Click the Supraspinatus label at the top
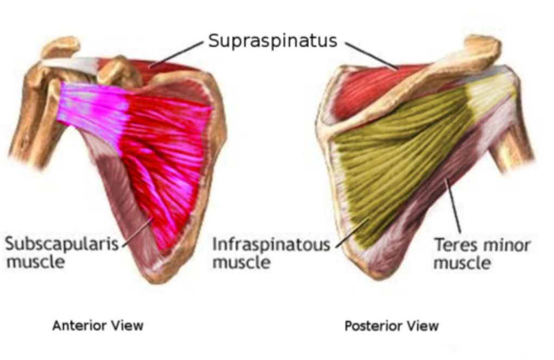point(273,41)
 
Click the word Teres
point(455,245)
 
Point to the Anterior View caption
point(98,326)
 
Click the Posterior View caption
point(391,326)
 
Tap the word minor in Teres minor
point(506,245)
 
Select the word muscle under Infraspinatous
point(241,263)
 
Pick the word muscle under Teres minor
point(462,263)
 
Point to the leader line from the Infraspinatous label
point(352,233)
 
